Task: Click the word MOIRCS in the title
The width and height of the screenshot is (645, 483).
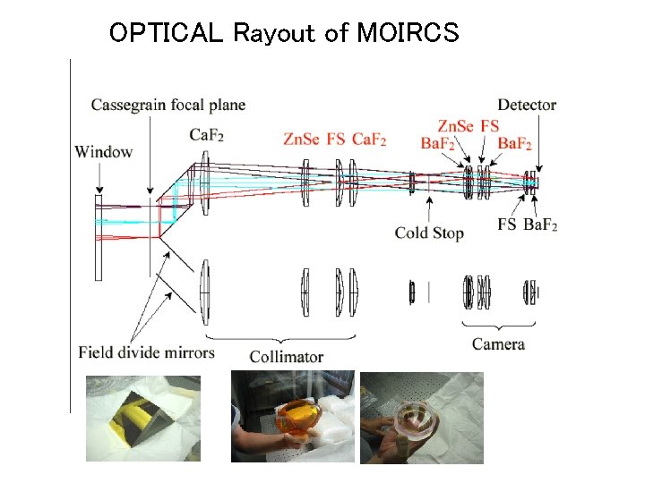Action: [x=408, y=33]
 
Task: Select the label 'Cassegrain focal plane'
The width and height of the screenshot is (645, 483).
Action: [x=168, y=106]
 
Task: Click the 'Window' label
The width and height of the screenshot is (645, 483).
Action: [x=104, y=151]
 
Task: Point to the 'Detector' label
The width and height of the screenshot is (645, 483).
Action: [x=527, y=106]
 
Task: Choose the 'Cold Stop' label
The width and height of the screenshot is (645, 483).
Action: [x=429, y=233]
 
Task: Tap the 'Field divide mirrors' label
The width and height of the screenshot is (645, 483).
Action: [x=146, y=352]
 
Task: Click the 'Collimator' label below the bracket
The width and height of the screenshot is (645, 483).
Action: [x=286, y=357]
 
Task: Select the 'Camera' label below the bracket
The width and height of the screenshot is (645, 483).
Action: [x=498, y=344]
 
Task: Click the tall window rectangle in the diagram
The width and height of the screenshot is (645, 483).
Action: [x=99, y=237]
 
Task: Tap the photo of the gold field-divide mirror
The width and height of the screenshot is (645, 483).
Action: [x=143, y=419]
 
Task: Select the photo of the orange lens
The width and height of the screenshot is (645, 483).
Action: [x=293, y=416]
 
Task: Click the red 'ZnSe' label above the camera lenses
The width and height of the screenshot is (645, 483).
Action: [x=456, y=125]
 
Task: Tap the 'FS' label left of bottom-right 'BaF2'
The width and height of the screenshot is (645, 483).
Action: [x=507, y=224]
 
